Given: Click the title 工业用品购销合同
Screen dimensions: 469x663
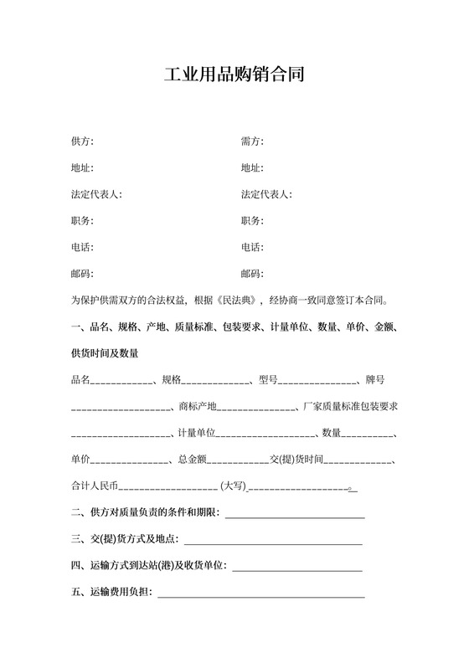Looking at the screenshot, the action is tap(234, 75).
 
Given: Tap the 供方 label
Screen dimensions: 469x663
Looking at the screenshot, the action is tap(82, 141).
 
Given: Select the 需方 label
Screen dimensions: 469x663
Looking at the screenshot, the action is tap(252, 141).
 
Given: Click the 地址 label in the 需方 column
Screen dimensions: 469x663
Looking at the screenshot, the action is tap(252, 167).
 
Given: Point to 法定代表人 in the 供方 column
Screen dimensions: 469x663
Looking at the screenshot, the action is tap(97, 194).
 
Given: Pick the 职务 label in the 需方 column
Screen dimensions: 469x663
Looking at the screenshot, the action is tap(252, 221).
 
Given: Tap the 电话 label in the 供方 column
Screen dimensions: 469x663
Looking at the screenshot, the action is tap(82, 248).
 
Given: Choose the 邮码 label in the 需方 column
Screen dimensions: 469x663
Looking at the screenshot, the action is tap(252, 275).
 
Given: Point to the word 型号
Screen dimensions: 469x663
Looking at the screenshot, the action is tap(267, 380).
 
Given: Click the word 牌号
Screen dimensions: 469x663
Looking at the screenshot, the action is tap(374, 380).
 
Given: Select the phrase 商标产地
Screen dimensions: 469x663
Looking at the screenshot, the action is tap(198, 407).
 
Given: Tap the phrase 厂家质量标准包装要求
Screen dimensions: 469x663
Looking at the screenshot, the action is tap(349, 407).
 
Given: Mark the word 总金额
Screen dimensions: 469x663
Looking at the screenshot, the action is tap(192, 460).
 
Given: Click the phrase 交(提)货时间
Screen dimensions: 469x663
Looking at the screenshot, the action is tap(296, 460).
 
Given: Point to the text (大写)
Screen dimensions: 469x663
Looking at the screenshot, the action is tap(232, 486).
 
